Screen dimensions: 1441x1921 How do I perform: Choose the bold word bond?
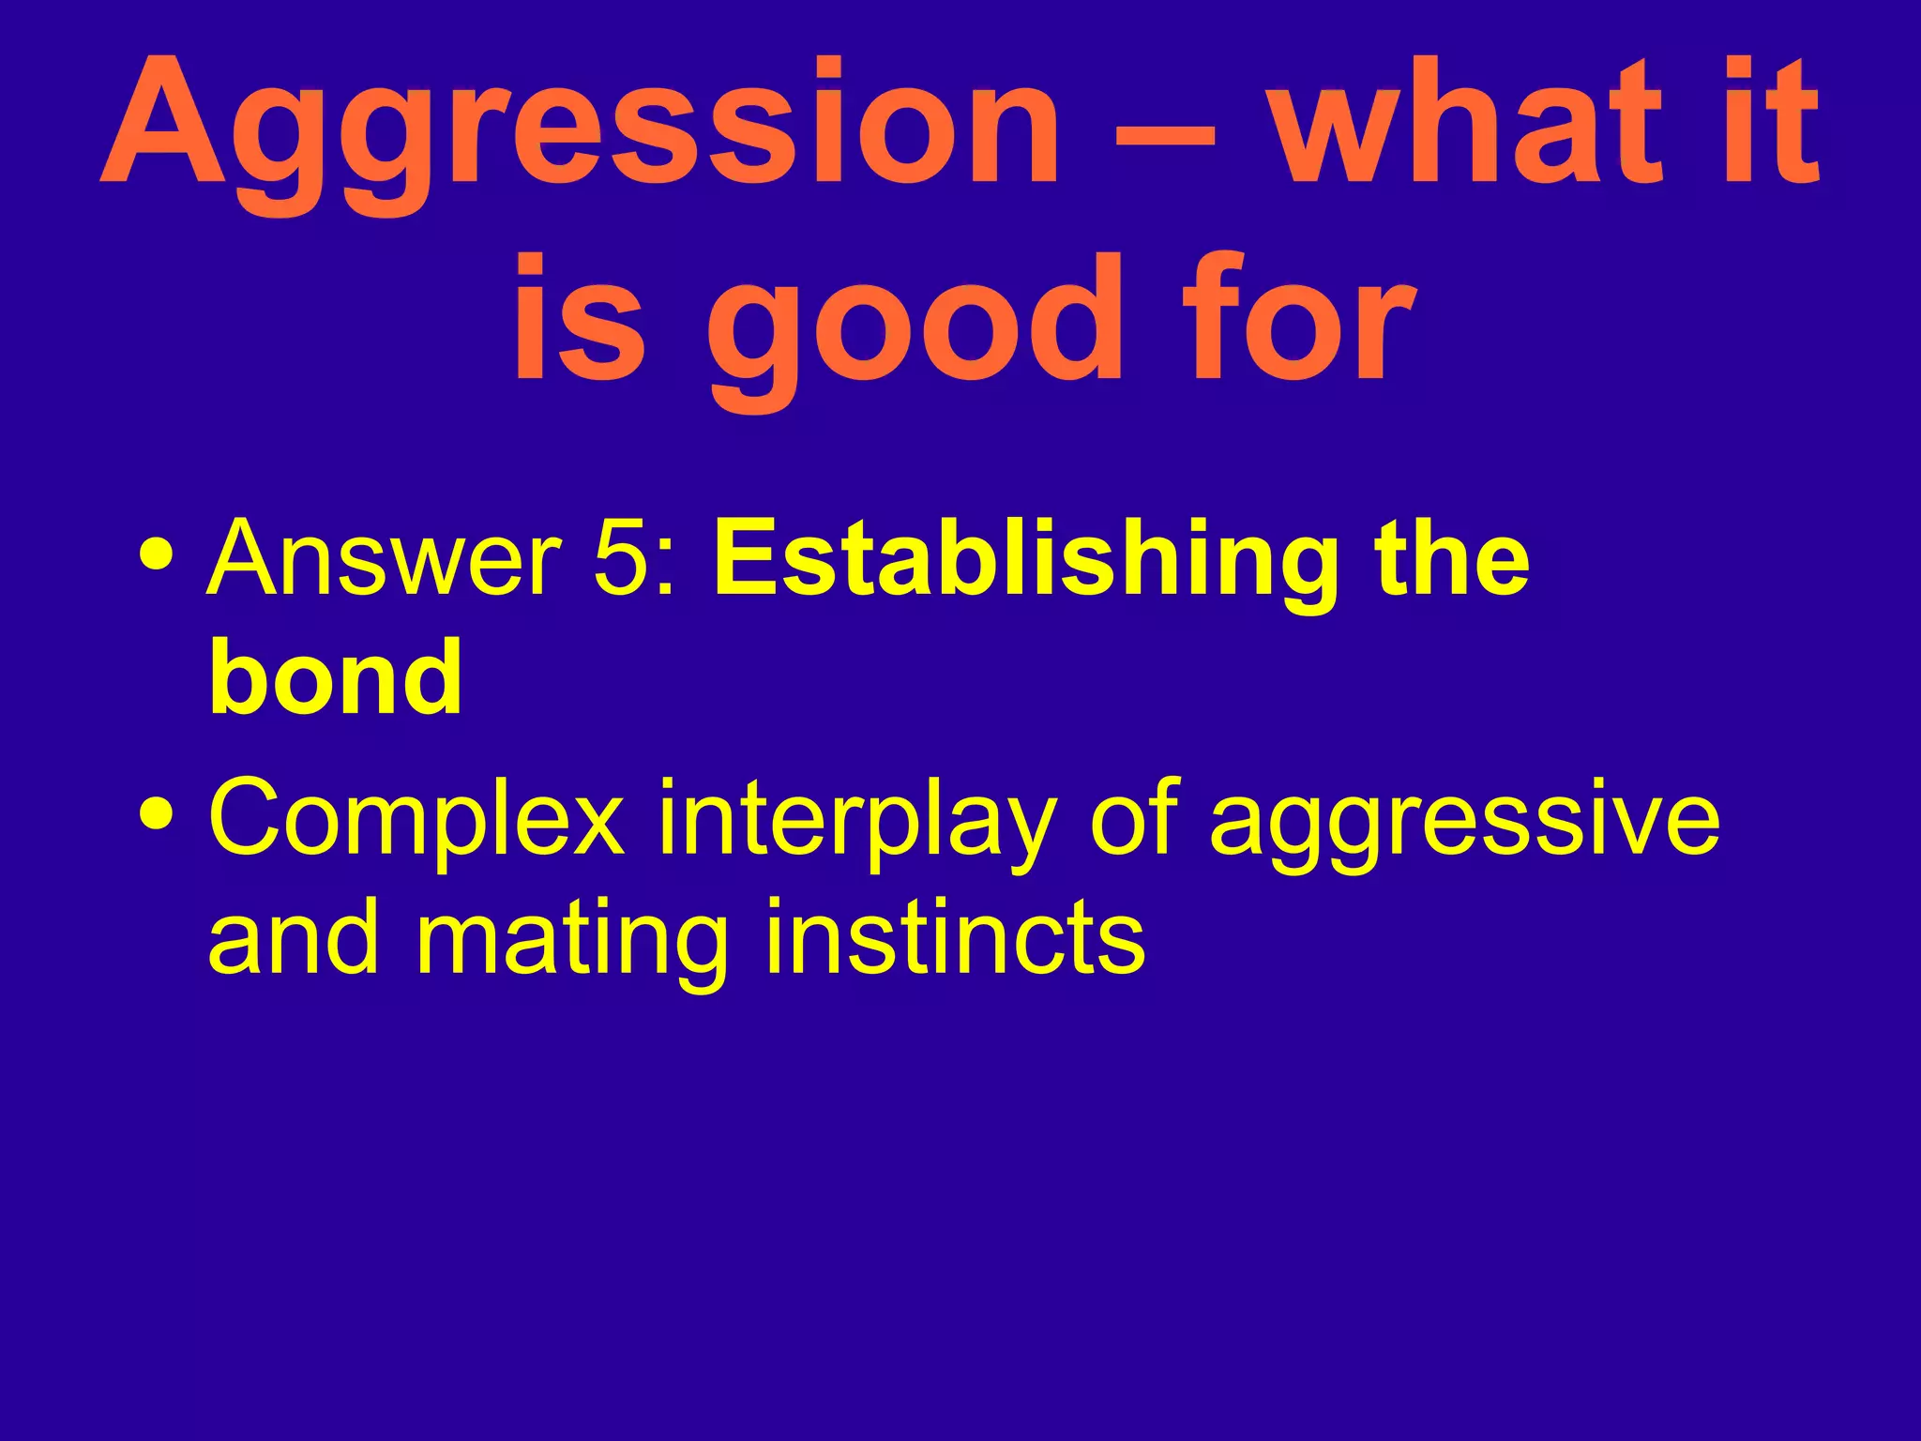(335, 677)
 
